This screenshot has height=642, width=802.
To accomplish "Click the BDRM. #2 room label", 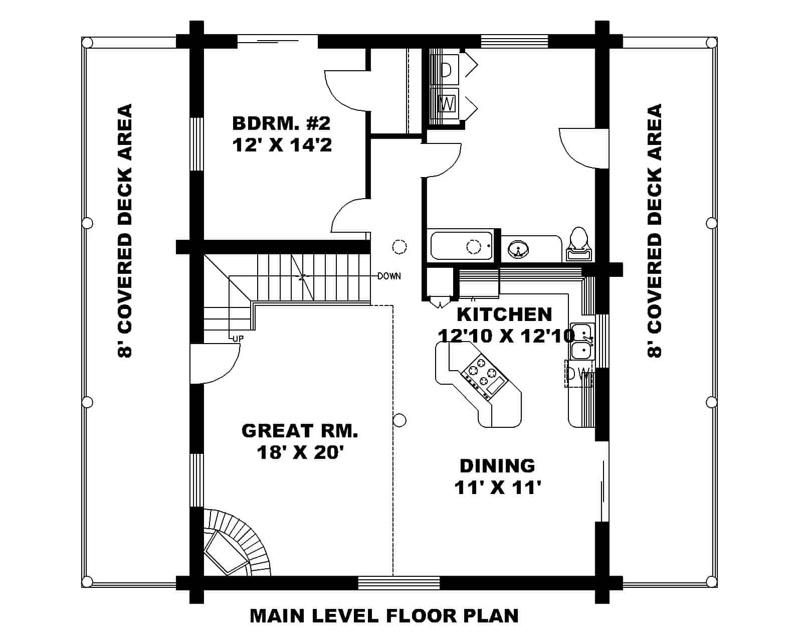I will [x=281, y=123].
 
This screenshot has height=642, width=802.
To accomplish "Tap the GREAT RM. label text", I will [x=299, y=430].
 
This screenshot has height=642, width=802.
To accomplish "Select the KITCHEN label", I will [x=504, y=314].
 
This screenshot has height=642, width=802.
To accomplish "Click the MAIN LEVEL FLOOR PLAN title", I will [x=384, y=615].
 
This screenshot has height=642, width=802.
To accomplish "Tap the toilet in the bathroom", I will [x=578, y=244].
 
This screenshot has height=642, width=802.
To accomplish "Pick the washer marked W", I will [x=447, y=104].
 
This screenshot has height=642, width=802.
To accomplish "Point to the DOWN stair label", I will [x=389, y=276].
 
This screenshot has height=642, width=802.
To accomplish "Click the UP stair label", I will [x=238, y=339].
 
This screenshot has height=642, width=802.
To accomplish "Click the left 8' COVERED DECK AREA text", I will [x=124, y=231].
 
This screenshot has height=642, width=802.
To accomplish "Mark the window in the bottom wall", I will [x=398, y=583].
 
